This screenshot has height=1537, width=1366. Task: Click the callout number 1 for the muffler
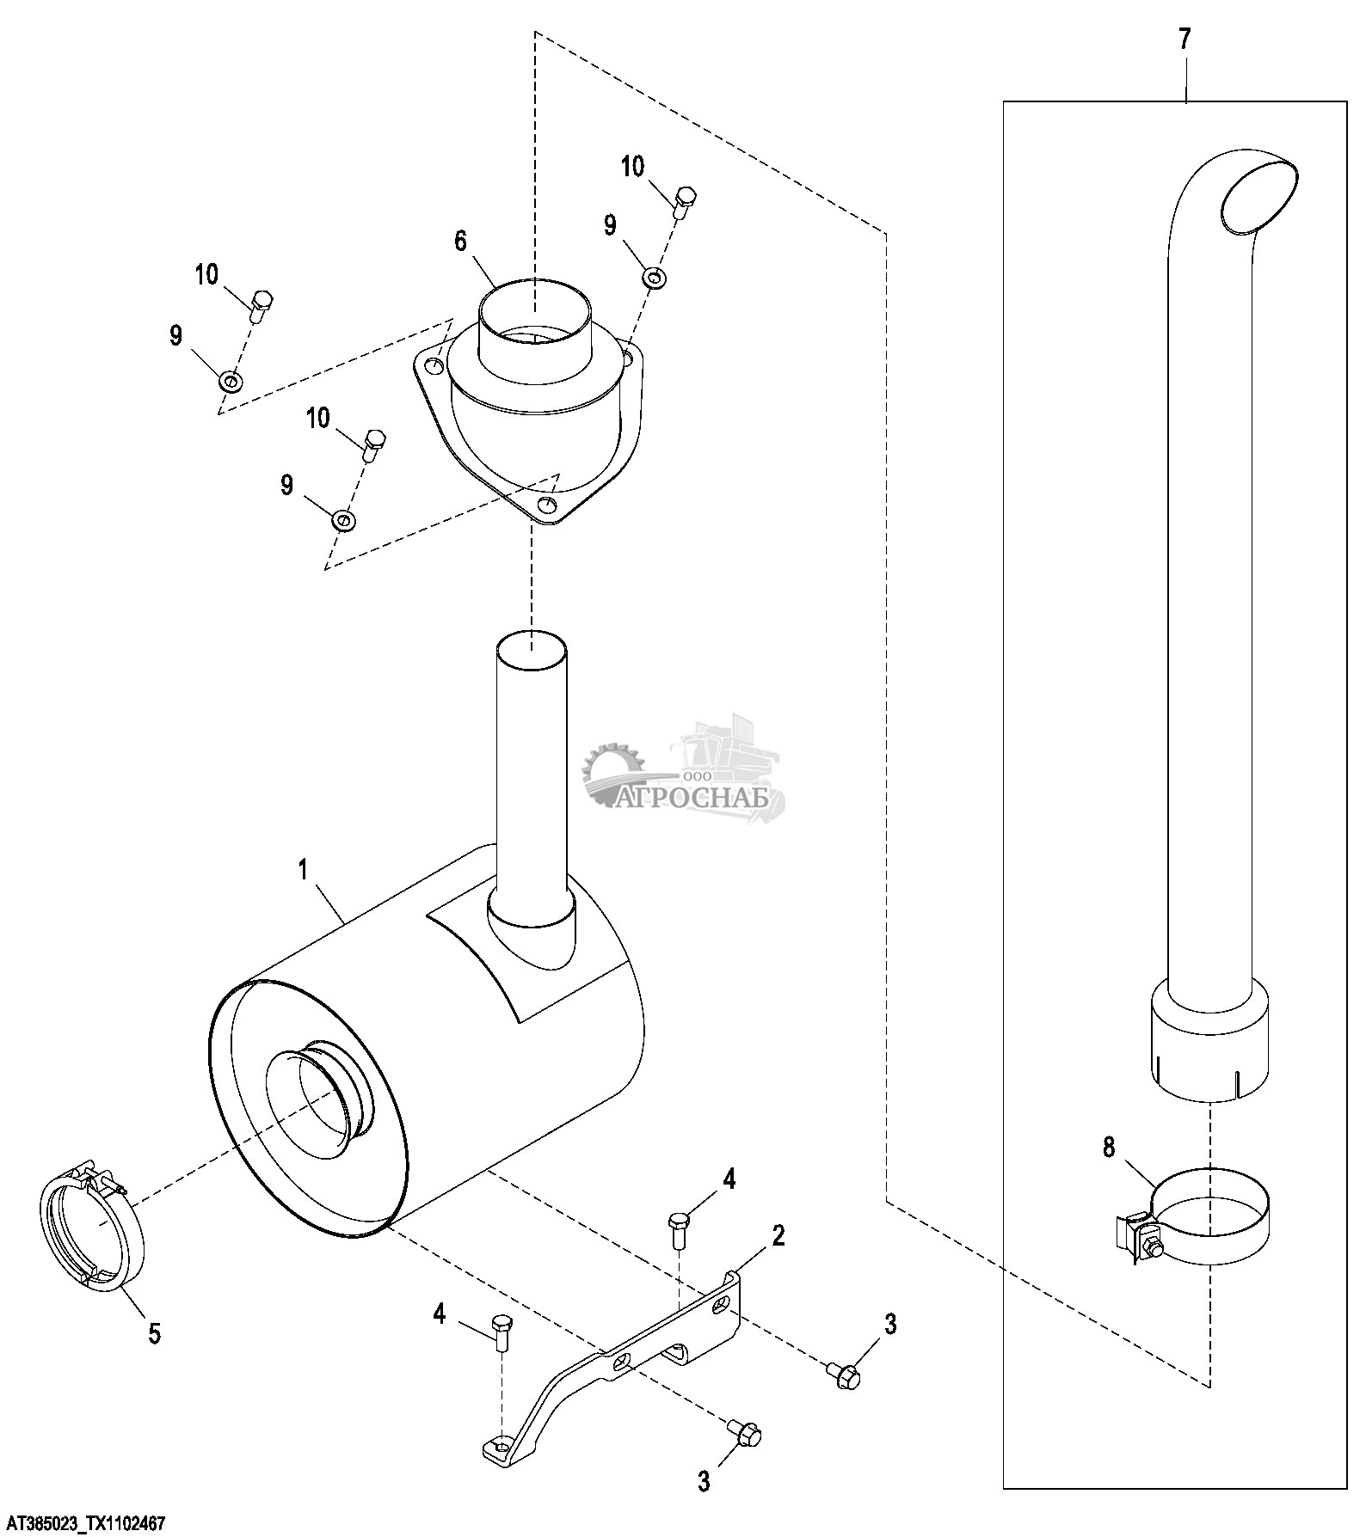pyautogui.click(x=303, y=870)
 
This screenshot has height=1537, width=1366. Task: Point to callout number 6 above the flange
pyautogui.click(x=461, y=242)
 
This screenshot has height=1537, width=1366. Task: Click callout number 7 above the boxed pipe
pyautogui.click(x=1184, y=40)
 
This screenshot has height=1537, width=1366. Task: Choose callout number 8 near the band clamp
pyautogui.click(x=1109, y=1147)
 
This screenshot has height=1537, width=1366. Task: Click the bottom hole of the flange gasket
pyautogui.click(x=545, y=505)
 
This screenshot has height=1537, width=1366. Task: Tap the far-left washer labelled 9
pyautogui.click(x=230, y=380)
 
